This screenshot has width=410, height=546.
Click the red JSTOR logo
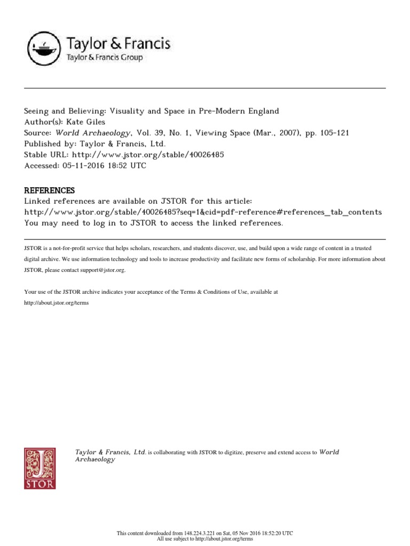pos(40,468)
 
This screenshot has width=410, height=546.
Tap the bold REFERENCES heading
pos(50,190)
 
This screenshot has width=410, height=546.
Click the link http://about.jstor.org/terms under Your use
pos(56,303)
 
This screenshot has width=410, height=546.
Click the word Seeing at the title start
pos(38,111)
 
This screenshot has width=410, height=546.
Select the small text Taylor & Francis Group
pos(104,58)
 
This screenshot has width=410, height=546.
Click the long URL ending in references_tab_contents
pos(203,212)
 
